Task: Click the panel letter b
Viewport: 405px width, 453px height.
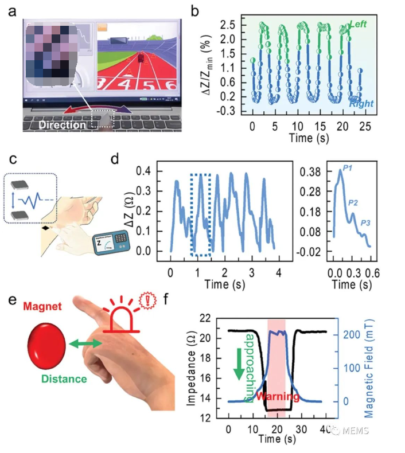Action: click(x=196, y=11)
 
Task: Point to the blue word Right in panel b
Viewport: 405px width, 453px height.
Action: click(x=361, y=104)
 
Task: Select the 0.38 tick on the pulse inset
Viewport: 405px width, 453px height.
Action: click(x=313, y=171)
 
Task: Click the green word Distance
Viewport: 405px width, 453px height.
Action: click(x=64, y=378)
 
